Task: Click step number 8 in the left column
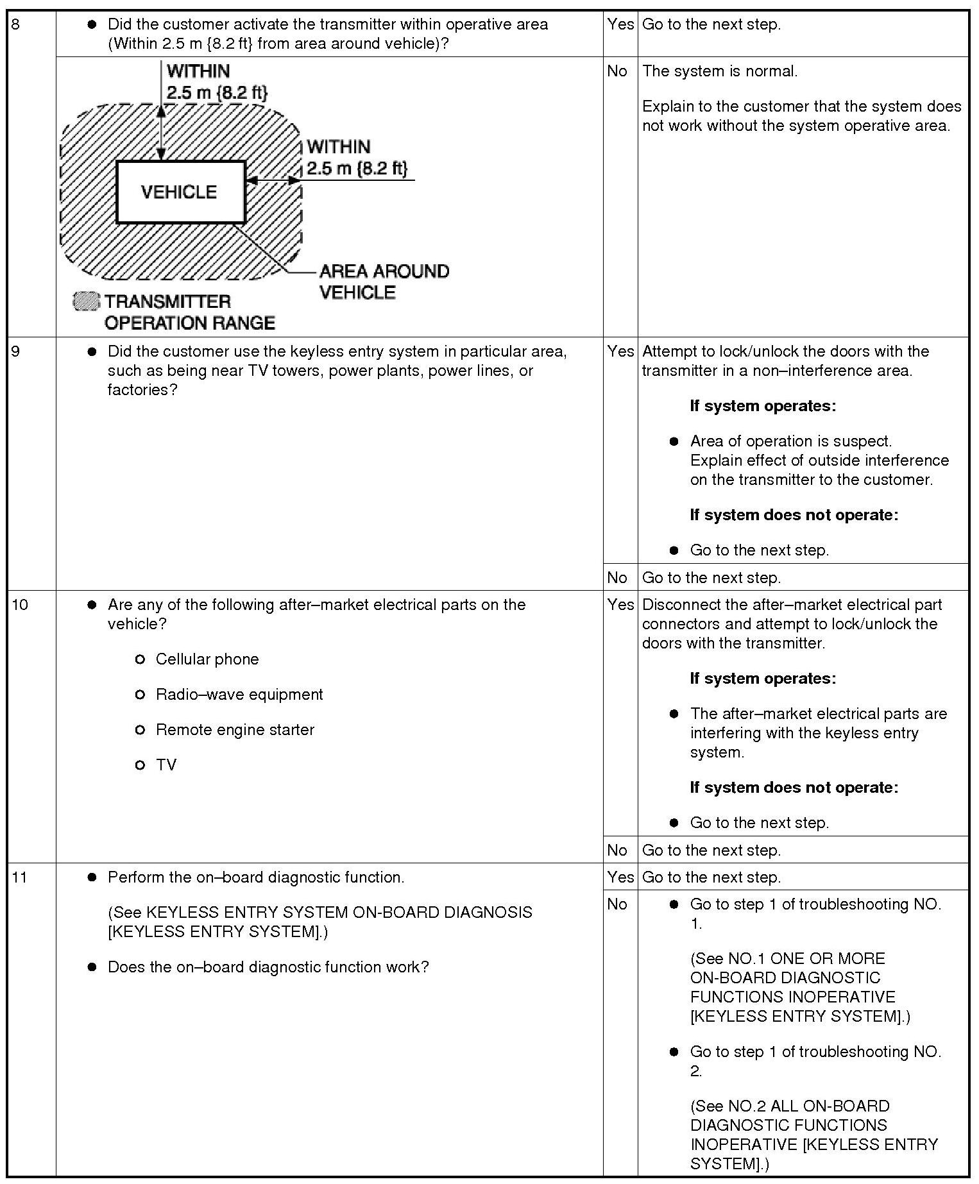15,25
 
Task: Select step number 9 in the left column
15,352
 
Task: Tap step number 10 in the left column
20,605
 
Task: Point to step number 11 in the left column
20,877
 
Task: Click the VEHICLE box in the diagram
180,192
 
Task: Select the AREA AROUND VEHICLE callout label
384,282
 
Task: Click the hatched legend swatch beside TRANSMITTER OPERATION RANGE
87,301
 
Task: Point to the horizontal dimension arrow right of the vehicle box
273,180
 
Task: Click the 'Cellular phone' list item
207,659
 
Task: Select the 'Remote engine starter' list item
235,730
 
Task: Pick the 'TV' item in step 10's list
166,765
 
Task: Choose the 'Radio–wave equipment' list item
239,695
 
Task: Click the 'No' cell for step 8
617,71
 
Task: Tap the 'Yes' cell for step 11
620,877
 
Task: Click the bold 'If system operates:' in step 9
763,406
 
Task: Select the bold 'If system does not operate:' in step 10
794,788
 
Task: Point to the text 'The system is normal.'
720,71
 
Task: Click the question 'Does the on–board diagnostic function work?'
268,967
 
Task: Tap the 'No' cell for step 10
617,850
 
